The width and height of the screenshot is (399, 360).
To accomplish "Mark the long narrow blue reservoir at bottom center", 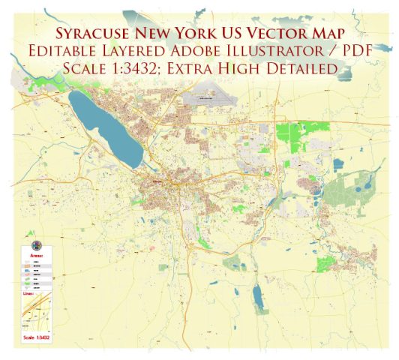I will [x=258, y=296].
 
